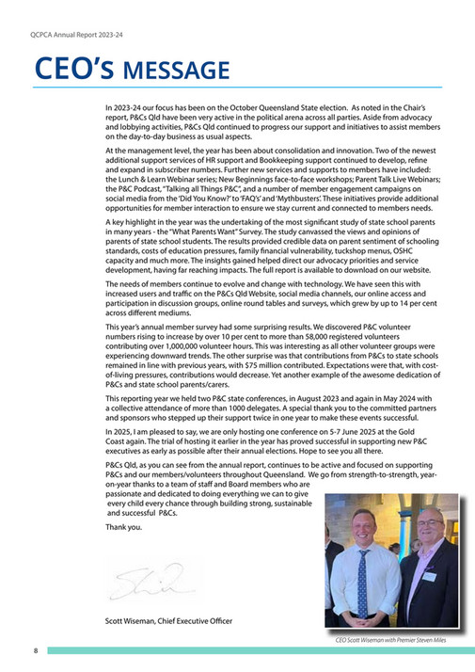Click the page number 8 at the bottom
click(x=35, y=650)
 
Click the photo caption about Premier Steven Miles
click(x=390, y=639)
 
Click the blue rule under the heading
click(x=245, y=88)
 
